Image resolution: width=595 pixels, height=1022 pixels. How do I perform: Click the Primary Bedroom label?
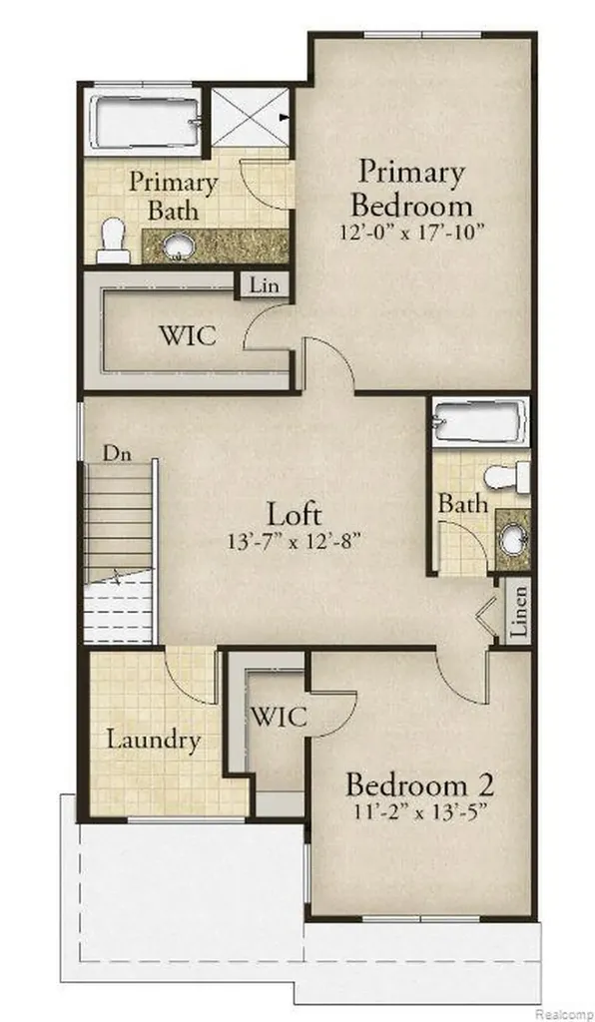coord(411,189)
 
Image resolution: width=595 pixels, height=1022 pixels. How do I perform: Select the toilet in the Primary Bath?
coord(114,241)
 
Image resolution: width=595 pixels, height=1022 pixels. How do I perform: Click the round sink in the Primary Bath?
coord(176,246)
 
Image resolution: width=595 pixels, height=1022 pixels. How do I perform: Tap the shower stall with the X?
coord(251,118)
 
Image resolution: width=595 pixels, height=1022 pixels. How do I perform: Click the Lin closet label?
coord(264,285)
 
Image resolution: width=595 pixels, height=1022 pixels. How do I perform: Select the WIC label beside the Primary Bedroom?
coord(188,335)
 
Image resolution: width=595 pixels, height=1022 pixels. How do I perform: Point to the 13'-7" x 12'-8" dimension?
coord(295,540)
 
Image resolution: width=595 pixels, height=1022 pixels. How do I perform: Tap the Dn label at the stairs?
coord(118,454)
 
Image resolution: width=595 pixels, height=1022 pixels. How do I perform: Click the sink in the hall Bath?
coord(514,540)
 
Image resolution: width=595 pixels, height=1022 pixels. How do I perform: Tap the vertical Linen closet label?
coord(518,612)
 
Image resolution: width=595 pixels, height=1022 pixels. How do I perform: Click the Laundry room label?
coord(153,742)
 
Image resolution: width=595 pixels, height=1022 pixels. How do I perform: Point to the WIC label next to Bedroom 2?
coord(279,717)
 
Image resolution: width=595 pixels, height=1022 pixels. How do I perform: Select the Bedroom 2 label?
coord(419,784)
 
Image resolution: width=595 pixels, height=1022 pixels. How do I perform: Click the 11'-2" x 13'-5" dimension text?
coord(420,812)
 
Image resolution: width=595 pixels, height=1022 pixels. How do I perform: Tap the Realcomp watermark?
coord(564,1015)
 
